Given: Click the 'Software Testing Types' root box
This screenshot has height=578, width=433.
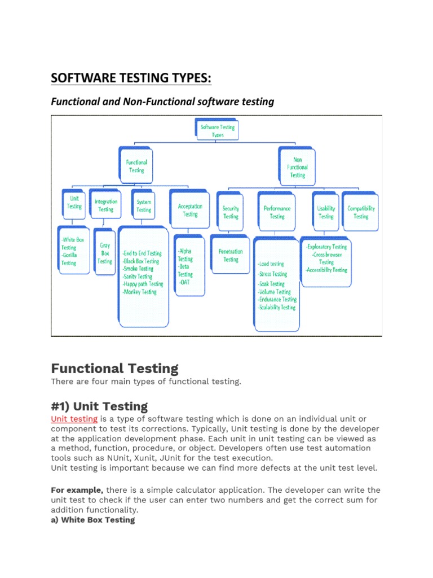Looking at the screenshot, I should [218, 131].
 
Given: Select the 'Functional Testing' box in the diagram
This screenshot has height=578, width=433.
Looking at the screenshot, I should [136, 166].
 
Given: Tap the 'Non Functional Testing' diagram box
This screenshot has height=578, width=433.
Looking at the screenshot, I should [297, 168].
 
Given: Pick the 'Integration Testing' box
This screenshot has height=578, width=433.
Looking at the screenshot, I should [106, 205].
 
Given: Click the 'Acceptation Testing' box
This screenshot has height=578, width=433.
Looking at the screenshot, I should [190, 210].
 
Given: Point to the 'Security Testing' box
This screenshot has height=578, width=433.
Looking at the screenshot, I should [231, 212].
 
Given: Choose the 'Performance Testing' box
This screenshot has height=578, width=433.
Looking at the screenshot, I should [277, 212].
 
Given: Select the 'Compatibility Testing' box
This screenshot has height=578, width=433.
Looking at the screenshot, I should [361, 212].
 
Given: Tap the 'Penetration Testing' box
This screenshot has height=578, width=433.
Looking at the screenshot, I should [231, 255].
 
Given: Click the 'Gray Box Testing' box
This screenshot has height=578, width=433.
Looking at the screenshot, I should [105, 253].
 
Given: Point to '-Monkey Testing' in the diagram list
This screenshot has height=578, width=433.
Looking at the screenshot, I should [139, 292].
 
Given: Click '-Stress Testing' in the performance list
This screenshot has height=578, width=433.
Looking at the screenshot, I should [272, 274].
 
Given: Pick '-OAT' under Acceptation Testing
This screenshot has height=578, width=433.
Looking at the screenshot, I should [184, 282].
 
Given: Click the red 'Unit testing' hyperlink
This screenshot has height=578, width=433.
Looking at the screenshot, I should [74, 419].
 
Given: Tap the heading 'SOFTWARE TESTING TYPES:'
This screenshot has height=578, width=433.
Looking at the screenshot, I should [131, 78].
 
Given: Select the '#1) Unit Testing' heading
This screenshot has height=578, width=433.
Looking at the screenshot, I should [99, 406].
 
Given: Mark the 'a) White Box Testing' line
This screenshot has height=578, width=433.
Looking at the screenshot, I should [93, 520].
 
